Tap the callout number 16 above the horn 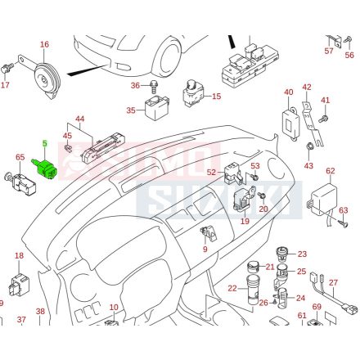(x=44, y=44)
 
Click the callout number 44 (x=80, y=119)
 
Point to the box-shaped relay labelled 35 (x=155, y=105)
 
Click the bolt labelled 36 (x=153, y=85)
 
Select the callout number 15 (x=216, y=97)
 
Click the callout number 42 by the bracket (x=307, y=88)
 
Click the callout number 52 (x=211, y=172)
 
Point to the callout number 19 (x=245, y=221)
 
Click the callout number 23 (x=302, y=254)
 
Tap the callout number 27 (x=333, y=282)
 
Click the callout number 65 (x=20, y=156)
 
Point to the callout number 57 (x=330, y=51)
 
